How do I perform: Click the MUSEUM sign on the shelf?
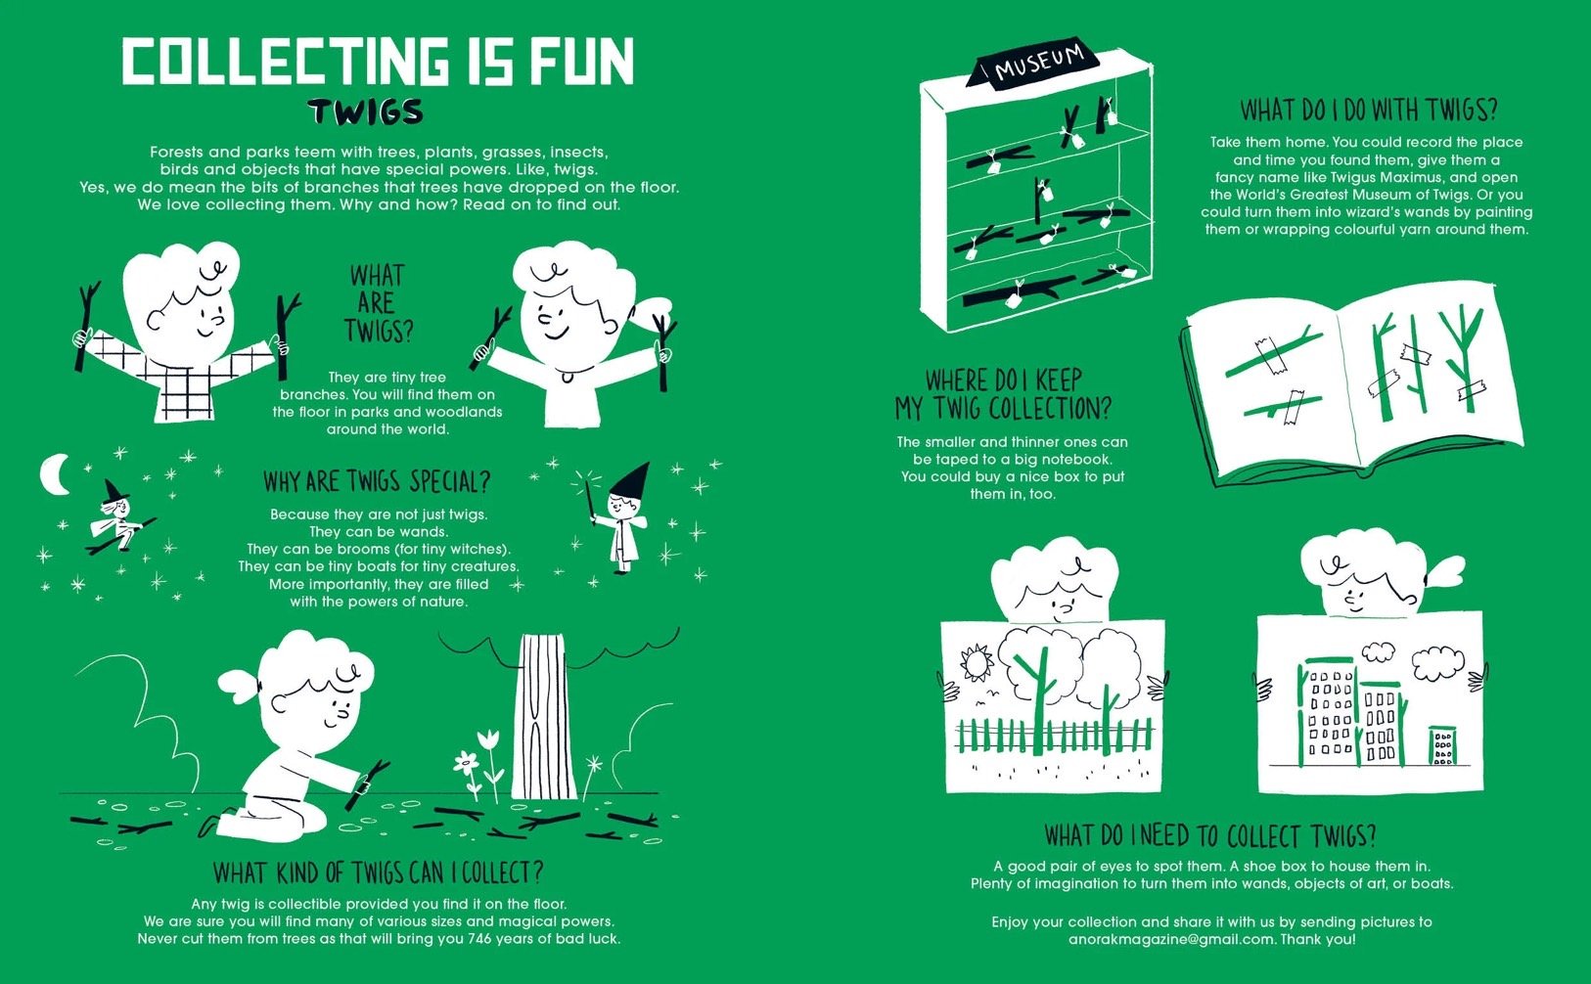[x=1032, y=65]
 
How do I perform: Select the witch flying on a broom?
[x=117, y=517]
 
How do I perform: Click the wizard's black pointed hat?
[x=631, y=480]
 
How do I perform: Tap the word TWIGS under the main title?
[x=365, y=112]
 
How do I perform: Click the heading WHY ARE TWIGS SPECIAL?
[x=377, y=482]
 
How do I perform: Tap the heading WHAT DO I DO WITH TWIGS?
[x=1368, y=111]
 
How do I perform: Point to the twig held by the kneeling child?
[x=367, y=783]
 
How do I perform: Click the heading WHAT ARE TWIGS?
[x=378, y=303]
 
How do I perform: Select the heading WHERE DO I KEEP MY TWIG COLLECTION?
[x=1004, y=394]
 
